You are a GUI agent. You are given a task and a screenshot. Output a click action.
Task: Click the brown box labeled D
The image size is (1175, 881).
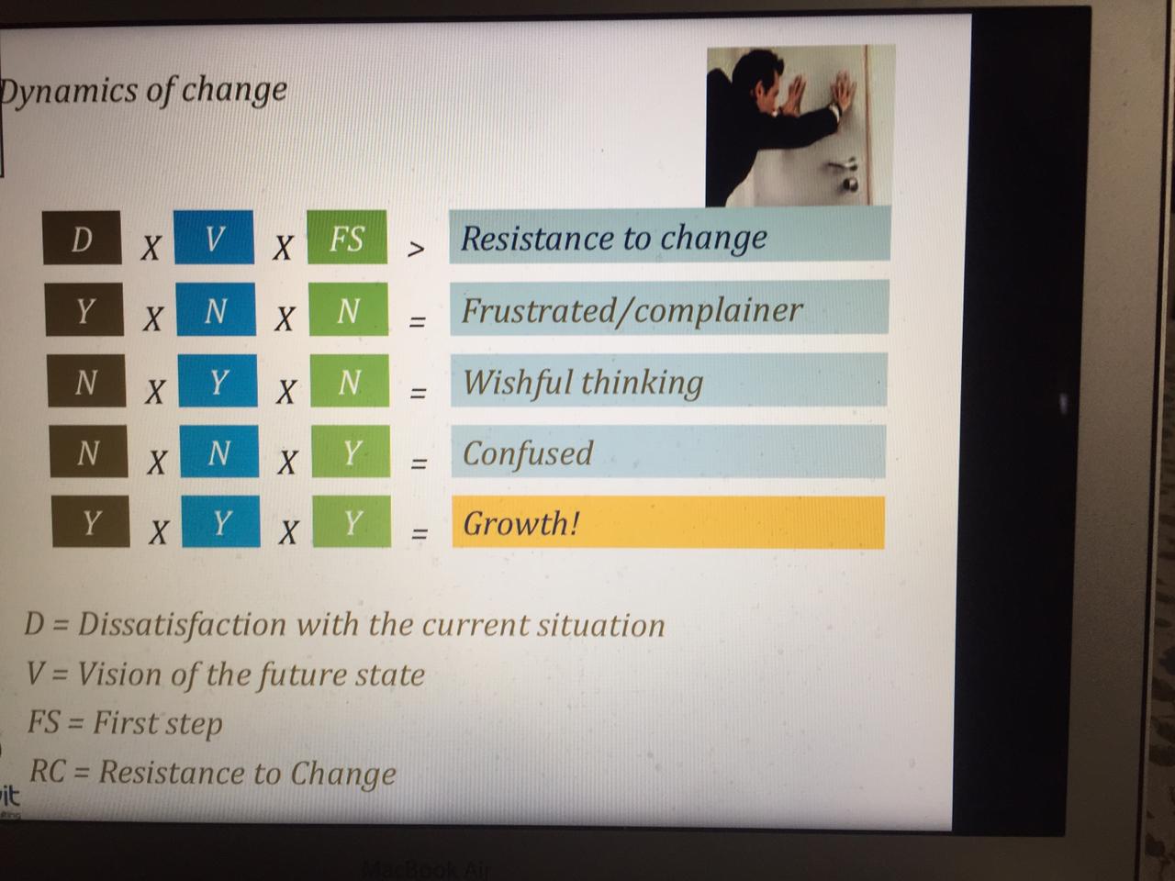coord(82,238)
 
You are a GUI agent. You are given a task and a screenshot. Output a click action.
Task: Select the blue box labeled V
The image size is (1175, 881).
coord(214,238)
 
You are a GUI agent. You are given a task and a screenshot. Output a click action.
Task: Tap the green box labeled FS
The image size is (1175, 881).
coord(346,238)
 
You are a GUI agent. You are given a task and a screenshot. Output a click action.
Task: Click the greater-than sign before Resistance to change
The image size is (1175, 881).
coord(416,249)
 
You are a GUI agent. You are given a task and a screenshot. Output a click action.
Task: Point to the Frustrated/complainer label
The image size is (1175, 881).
coord(632,309)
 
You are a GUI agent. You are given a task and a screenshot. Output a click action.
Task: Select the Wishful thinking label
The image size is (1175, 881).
coord(583,381)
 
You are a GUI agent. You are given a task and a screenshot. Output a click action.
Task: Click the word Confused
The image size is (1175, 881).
coord(528,452)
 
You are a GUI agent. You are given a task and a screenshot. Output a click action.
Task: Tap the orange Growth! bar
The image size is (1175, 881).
coord(667,523)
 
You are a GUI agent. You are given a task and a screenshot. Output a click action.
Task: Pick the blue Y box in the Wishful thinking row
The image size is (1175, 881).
coord(218,381)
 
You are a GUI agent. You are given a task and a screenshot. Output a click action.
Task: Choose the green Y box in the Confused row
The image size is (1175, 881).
coord(351,452)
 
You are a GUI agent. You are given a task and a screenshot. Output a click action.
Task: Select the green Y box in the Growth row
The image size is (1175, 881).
coord(352,522)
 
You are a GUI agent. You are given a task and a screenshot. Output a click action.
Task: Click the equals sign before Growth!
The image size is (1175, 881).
coord(420,533)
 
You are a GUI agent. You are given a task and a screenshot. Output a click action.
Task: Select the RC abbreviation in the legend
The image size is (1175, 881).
coord(47,772)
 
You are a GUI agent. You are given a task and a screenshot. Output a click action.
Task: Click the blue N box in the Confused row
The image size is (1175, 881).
coord(218,452)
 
